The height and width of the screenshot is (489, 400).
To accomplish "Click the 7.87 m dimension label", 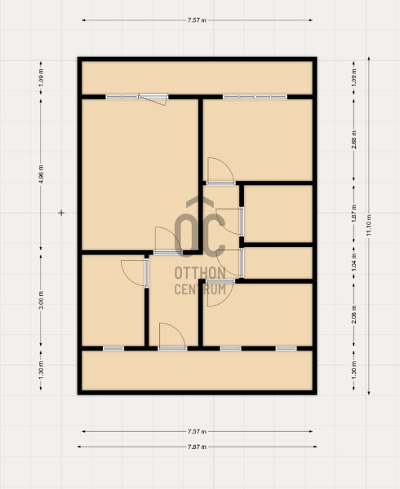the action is pyautogui.click(x=197, y=447).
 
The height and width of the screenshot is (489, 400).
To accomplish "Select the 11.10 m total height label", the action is pyautogui.click(x=369, y=225).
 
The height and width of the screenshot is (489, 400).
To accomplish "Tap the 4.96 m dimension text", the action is pyautogui.click(x=41, y=174).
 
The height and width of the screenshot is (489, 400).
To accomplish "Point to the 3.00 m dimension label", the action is pyautogui.click(x=41, y=300).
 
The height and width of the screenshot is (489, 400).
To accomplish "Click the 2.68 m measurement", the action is pyautogui.click(x=354, y=139).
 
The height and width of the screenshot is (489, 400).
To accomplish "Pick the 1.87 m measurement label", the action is pyautogui.click(x=354, y=214).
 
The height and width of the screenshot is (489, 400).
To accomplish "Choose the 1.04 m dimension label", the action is pyautogui.click(x=354, y=262).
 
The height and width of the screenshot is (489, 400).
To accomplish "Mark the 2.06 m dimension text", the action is pyautogui.click(x=354, y=315).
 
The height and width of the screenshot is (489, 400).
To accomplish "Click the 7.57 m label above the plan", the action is pyautogui.click(x=197, y=20).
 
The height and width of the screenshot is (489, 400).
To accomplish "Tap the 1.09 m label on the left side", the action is pyautogui.click(x=41, y=77).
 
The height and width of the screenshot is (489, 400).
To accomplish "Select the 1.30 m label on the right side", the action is pyautogui.click(x=354, y=370).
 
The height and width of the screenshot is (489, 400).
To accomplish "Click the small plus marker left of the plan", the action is pyautogui.click(x=61, y=213).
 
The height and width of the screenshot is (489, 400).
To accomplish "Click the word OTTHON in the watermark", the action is pyautogui.click(x=200, y=273).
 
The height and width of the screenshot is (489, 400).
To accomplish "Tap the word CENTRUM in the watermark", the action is pyautogui.click(x=200, y=289).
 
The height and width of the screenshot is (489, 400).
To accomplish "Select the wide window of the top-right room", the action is pyautogui.click(x=255, y=97).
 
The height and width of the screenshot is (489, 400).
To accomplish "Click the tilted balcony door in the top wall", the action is pyautogui.click(x=153, y=99).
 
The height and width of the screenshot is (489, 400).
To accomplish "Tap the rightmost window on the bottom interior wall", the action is pyautogui.click(x=286, y=348).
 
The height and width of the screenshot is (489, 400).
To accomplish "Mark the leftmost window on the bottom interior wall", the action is pyautogui.click(x=113, y=348).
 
